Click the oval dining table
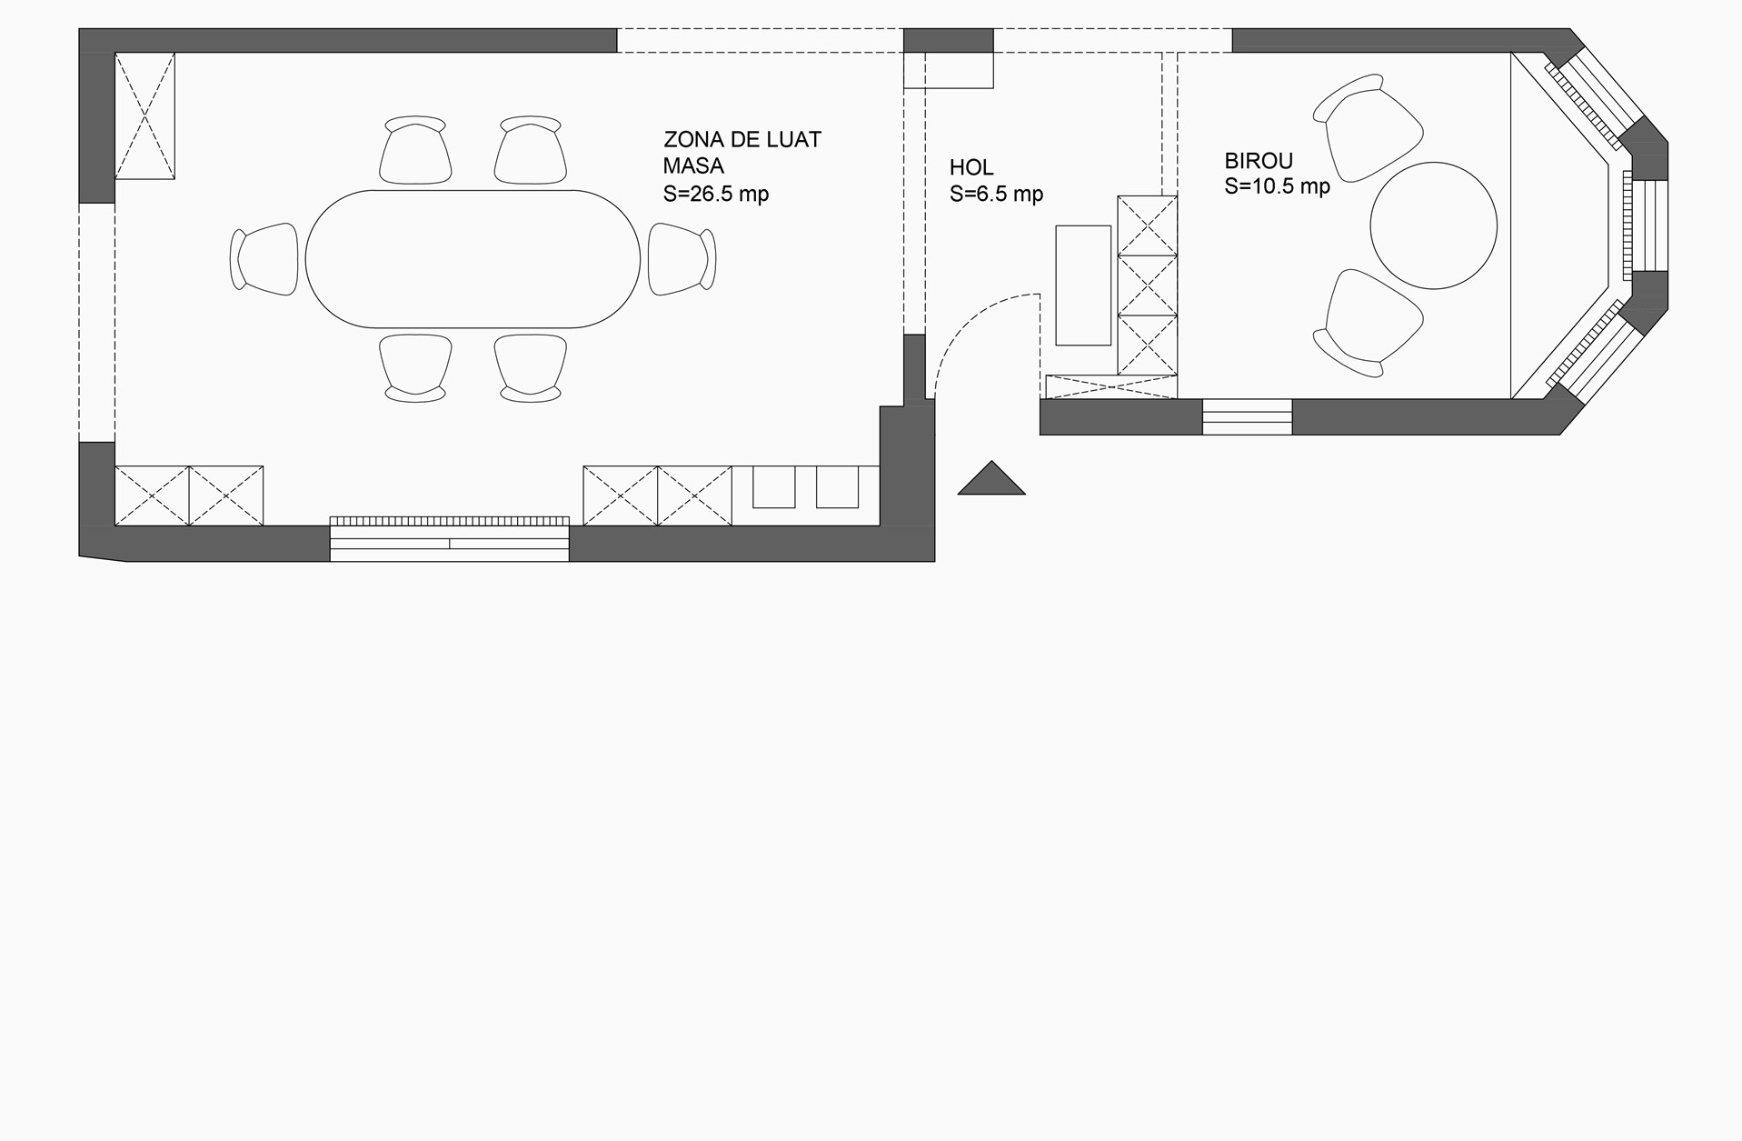(473, 259)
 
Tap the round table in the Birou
(1433, 225)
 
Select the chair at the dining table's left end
(264, 259)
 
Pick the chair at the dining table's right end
(682, 259)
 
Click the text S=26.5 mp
(716, 194)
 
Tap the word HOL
(971, 167)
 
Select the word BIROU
(1259, 161)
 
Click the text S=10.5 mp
(1277, 186)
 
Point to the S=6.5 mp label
(996, 194)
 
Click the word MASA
(693, 166)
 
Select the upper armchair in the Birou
(1367, 128)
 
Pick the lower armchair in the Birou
(1367, 323)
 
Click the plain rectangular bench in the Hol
(1083, 285)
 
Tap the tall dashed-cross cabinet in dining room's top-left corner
(144, 115)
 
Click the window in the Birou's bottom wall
(1247, 417)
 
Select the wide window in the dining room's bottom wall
(449, 539)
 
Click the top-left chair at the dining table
(415, 150)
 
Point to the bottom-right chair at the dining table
(531, 368)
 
